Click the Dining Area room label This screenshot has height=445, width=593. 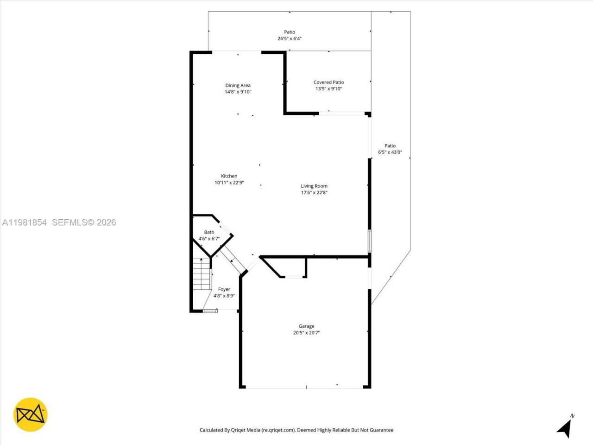[238, 85]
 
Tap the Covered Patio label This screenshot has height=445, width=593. [328, 82]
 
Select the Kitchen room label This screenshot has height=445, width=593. [229, 176]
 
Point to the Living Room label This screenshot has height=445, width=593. [314, 186]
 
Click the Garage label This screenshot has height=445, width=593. [306, 326]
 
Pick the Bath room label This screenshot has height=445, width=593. [209, 232]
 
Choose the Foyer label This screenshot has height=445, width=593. [224, 289]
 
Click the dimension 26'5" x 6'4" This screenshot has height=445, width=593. [290, 38]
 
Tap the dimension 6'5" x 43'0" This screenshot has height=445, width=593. [390, 152]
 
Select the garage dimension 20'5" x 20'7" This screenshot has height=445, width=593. [306, 332]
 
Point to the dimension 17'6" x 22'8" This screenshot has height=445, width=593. [314, 192]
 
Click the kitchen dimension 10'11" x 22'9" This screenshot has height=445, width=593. [229, 183]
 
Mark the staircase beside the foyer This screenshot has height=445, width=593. [202, 274]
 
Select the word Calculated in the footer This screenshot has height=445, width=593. [214, 430]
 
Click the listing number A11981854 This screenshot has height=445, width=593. [25, 222]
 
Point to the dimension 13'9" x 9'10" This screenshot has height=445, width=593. [328, 89]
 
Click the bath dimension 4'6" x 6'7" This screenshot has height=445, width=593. [209, 239]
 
